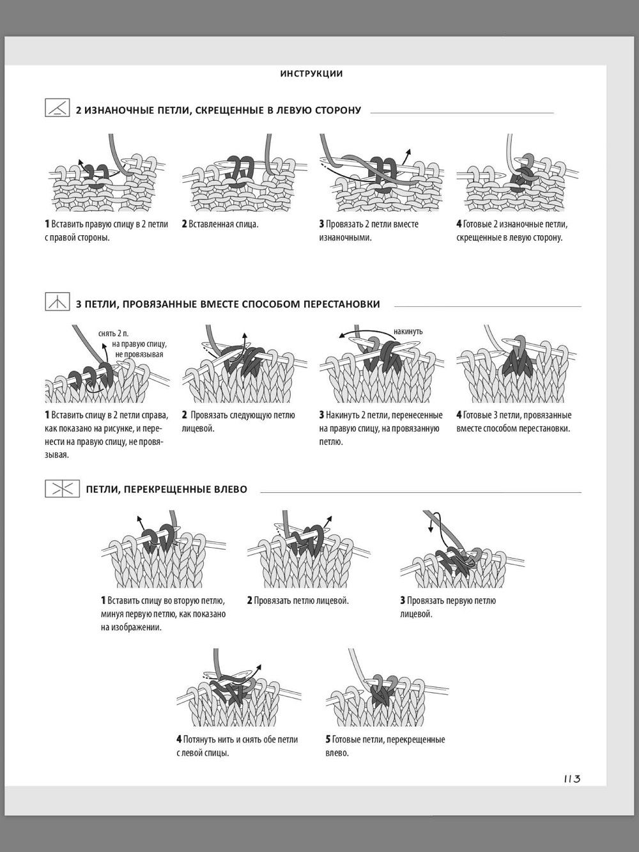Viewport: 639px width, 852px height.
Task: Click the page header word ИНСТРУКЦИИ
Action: [x=312, y=74]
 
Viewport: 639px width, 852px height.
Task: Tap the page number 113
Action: [x=573, y=778]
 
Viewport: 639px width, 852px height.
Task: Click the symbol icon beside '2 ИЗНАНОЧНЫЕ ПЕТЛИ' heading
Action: [x=58, y=107]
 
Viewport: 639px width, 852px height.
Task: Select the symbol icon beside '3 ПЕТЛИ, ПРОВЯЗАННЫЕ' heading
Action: [x=58, y=302]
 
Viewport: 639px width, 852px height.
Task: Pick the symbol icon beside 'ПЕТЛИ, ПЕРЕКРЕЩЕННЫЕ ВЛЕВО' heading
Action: [x=62, y=489]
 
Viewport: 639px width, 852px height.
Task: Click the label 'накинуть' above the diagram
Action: [x=408, y=332]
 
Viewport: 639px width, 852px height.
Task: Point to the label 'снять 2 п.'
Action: [x=113, y=334]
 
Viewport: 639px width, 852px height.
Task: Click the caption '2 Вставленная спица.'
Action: [x=220, y=224]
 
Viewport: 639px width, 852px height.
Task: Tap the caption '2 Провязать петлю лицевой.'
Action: [x=298, y=600]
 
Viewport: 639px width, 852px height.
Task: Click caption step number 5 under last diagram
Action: [x=328, y=740]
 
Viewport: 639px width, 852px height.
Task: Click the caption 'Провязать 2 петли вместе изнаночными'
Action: [x=369, y=231]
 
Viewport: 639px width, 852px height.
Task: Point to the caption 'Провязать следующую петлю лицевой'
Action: [x=238, y=422]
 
